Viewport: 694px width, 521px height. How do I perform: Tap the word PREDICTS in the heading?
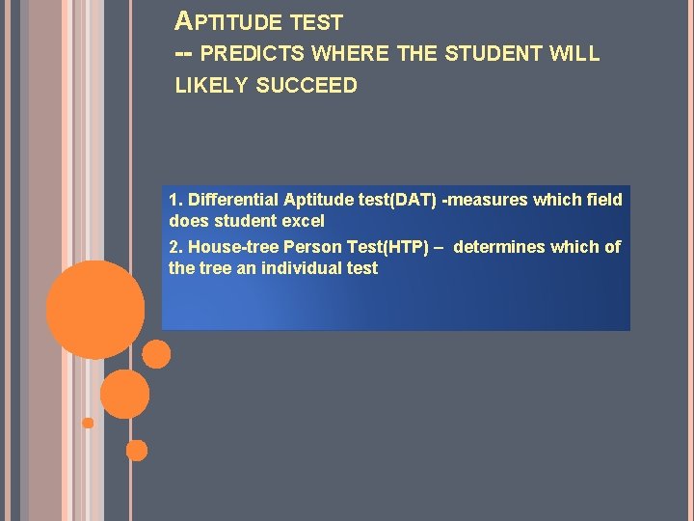(250, 54)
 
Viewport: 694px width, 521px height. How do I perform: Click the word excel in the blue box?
(304, 221)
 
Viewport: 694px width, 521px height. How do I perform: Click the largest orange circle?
(95, 309)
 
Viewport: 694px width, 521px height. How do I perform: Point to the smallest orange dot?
(88, 423)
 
